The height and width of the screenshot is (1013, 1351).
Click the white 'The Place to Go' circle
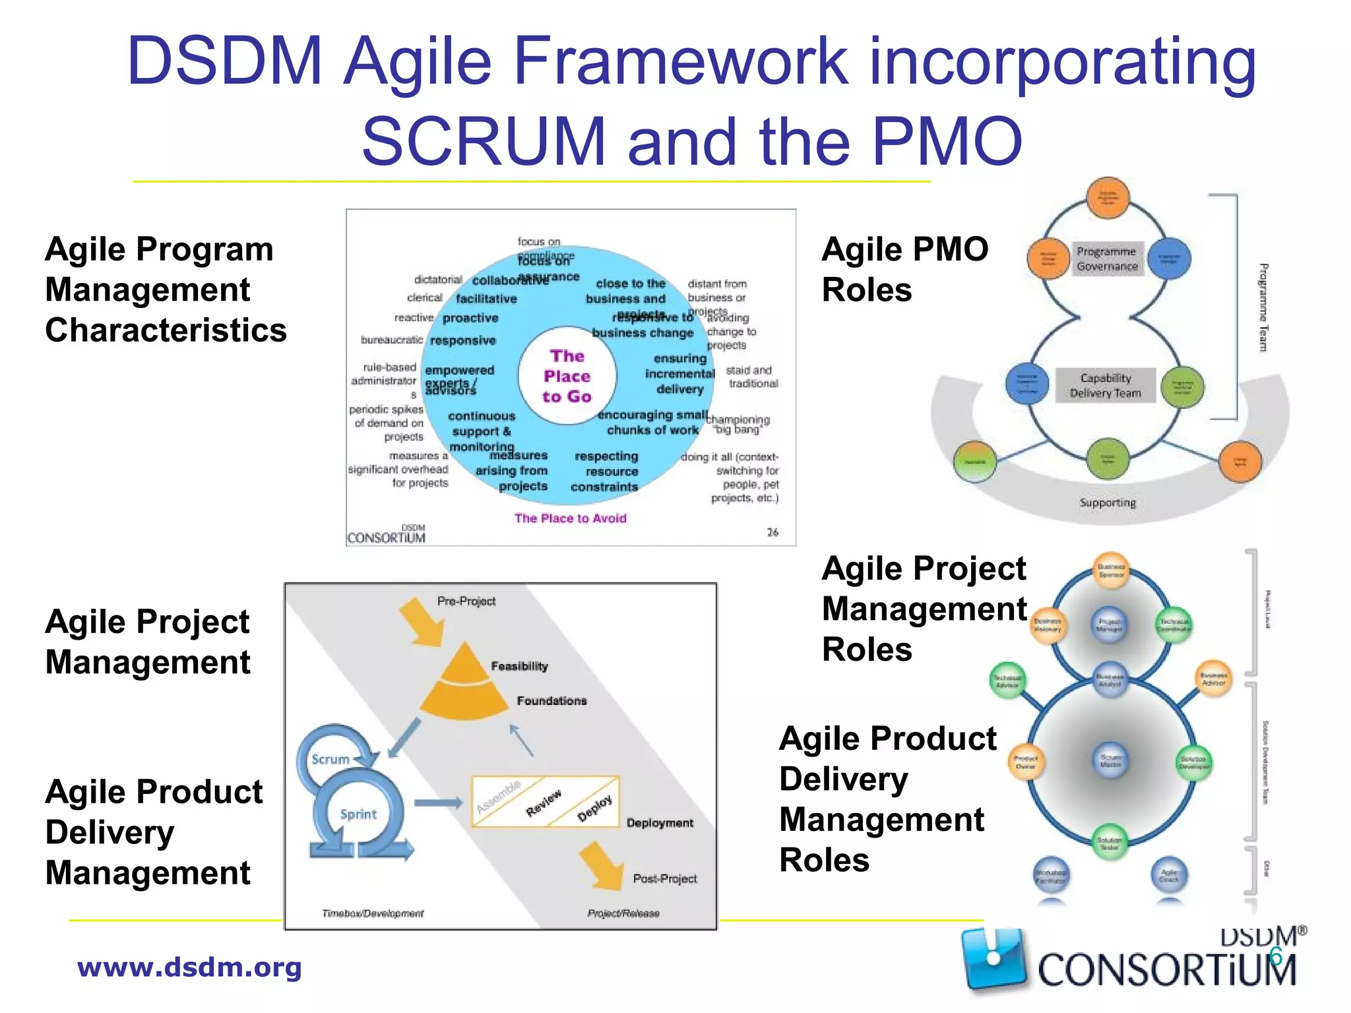click(567, 376)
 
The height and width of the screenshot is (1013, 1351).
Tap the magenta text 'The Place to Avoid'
click(570, 518)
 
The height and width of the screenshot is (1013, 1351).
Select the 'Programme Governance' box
click(1107, 259)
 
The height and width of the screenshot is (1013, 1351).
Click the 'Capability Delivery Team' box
click(1106, 386)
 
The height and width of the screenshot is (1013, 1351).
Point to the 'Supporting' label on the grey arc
click(1108, 503)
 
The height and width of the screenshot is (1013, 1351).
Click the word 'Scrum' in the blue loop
click(330, 759)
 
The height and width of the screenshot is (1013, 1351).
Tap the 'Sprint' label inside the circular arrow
click(358, 814)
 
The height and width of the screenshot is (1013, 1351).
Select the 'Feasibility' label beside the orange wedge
click(519, 666)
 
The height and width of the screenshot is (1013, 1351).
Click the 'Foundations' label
click(551, 700)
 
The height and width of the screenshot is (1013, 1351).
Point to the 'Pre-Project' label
click(466, 601)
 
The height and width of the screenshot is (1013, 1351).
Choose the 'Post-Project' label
click(664, 878)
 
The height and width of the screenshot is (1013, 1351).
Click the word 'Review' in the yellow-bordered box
click(544, 803)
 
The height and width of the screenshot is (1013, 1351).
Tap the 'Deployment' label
click(660, 823)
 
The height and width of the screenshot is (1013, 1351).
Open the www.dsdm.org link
click(189, 967)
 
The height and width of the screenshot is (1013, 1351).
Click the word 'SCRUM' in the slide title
click(484, 141)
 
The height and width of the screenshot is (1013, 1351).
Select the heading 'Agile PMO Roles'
click(904, 269)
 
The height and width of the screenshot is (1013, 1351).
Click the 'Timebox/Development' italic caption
click(373, 913)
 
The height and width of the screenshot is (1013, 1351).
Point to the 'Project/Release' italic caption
click(623, 913)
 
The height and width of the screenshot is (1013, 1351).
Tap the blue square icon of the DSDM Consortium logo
click(993, 958)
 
